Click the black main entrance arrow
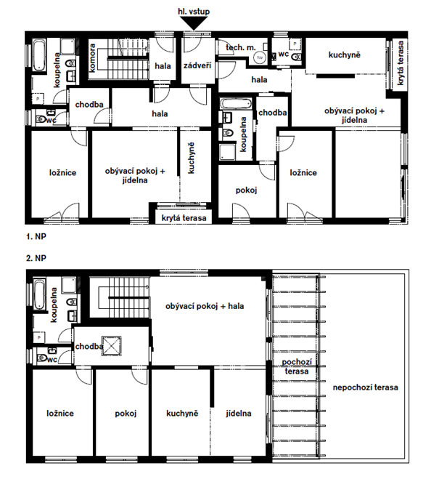coord(194,23)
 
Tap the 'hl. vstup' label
coord(194,12)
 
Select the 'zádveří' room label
coord(197,65)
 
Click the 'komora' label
coord(93,58)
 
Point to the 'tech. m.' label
coord(241,48)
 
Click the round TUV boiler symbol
coord(260,57)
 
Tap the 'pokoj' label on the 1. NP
coord(246,190)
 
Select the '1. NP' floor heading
coord(36,237)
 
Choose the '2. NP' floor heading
coord(36,258)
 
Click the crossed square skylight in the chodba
coord(112,346)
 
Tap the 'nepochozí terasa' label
coord(366,387)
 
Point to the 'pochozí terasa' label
coord(297,366)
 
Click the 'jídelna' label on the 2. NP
coord(239,414)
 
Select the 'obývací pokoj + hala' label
coord(205,306)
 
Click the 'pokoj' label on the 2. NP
coord(126,414)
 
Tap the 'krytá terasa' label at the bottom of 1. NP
coord(184,219)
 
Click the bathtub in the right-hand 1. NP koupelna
coord(236,104)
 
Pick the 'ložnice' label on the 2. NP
coord(60,414)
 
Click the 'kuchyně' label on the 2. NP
coord(182,414)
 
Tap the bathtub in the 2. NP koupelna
coord(40,294)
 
